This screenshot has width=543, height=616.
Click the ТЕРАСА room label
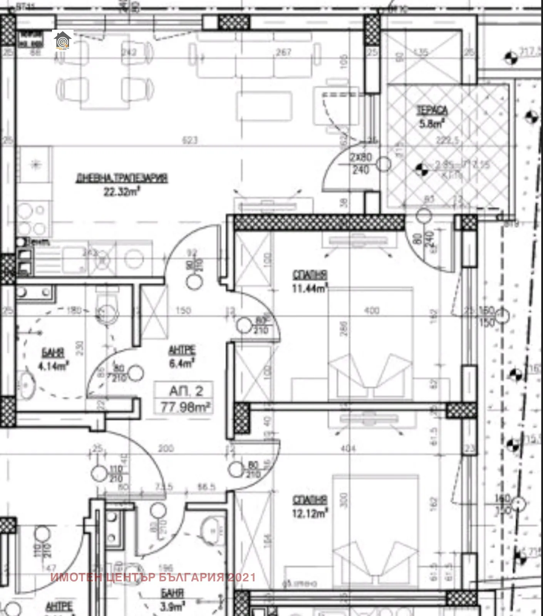[x=432, y=110]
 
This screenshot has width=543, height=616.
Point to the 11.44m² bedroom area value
[x=310, y=288]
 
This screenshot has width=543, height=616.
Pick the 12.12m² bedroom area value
[x=310, y=513]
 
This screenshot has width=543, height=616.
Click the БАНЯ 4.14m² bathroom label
[x=53, y=359]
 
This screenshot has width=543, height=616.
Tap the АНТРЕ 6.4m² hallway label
[x=182, y=356]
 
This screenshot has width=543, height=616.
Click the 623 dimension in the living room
[x=189, y=141]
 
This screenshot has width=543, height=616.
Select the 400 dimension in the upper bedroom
[x=371, y=310]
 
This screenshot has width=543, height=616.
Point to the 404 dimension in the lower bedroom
[x=348, y=448]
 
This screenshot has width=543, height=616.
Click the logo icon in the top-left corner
[x=62, y=40]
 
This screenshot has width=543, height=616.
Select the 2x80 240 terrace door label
[x=360, y=164]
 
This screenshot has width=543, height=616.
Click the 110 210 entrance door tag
[x=116, y=474]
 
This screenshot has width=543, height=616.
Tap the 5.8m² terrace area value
[x=432, y=124]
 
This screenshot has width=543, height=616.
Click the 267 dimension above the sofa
[x=283, y=52]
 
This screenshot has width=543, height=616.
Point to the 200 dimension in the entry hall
[x=166, y=449]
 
